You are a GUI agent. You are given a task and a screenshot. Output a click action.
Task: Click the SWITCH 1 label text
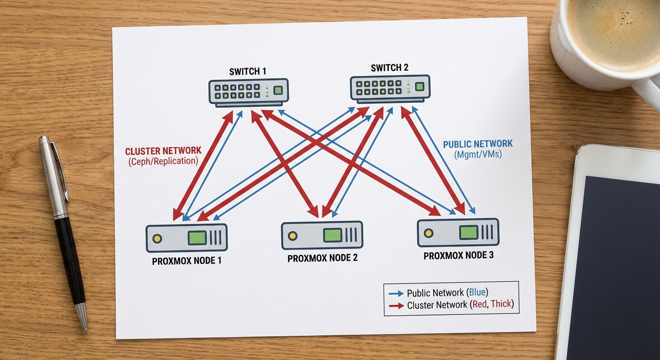[x=247, y=72]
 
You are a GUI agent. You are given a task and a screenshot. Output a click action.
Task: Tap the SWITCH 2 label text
[x=390, y=67]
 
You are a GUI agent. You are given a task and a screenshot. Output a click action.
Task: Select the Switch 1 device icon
[x=248, y=92]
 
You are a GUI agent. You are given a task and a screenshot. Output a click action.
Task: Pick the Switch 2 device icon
[x=390, y=88]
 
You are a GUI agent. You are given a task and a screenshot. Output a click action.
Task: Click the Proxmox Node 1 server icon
[x=186, y=238]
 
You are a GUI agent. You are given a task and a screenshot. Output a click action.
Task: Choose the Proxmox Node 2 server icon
[x=322, y=235]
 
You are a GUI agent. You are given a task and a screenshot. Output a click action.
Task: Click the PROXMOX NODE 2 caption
[x=322, y=258]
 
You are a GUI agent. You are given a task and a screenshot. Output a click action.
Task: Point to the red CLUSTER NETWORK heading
[x=163, y=151]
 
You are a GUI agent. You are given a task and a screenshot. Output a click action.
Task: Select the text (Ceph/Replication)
[x=163, y=161]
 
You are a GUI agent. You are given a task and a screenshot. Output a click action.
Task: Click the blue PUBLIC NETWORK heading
[x=478, y=144]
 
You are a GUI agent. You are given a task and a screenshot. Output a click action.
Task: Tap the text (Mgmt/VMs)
[x=478, y=154]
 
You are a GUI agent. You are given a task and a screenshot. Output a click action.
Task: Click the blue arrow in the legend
[x=396, y=293]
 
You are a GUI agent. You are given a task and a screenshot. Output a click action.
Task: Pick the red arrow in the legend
[x=396, y=306]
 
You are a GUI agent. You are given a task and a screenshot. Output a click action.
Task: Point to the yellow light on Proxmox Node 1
[x=157, y=238]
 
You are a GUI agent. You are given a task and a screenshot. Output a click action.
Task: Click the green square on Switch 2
[x=420, y=86]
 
